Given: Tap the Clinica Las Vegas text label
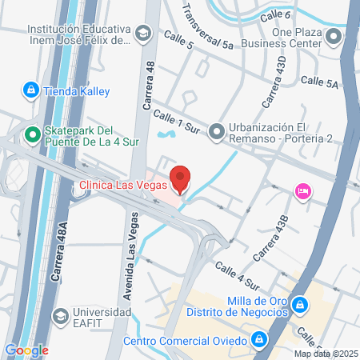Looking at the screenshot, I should click(x=123, y=186).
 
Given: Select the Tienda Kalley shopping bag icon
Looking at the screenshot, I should click(x=30, y=91).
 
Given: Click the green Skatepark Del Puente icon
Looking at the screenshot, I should click(x=33, y=135).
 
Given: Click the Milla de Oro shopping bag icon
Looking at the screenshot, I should click(x=299, y=306).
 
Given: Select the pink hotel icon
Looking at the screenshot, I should click(x=303, y=191).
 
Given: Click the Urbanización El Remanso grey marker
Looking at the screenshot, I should click(x=217, y=130).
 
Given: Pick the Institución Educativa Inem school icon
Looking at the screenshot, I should click(x=142, y=33).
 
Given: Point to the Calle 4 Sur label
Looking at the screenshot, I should click(x=237, y=274).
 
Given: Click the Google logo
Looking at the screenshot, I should click(x=26, y=350).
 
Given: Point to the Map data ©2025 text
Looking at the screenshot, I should click(x=324, y=354).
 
